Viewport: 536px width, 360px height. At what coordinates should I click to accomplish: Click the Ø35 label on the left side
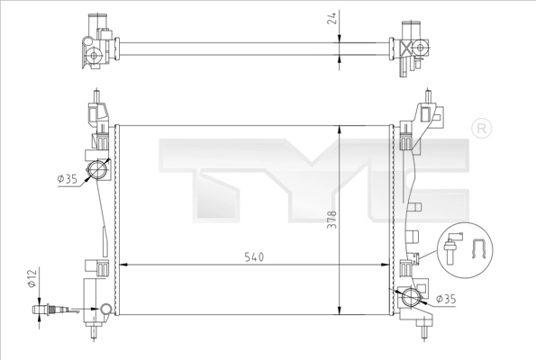(65, 179)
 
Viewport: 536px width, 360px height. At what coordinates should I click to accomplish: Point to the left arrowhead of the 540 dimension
(123, 265)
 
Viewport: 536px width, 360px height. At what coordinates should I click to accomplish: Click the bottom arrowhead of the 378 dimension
(338, 309)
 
